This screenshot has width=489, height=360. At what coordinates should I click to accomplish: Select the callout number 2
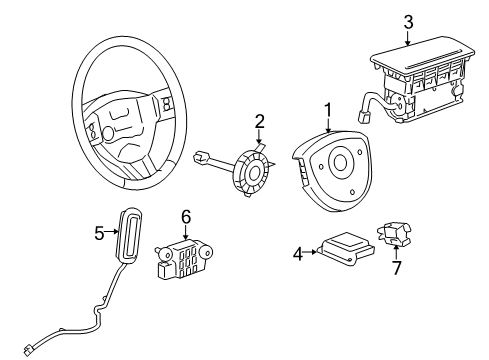(x=259, y=122)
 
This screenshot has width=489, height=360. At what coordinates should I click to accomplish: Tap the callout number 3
(x=408, y=21)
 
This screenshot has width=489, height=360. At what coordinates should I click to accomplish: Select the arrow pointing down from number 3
(x=408, y=37)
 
